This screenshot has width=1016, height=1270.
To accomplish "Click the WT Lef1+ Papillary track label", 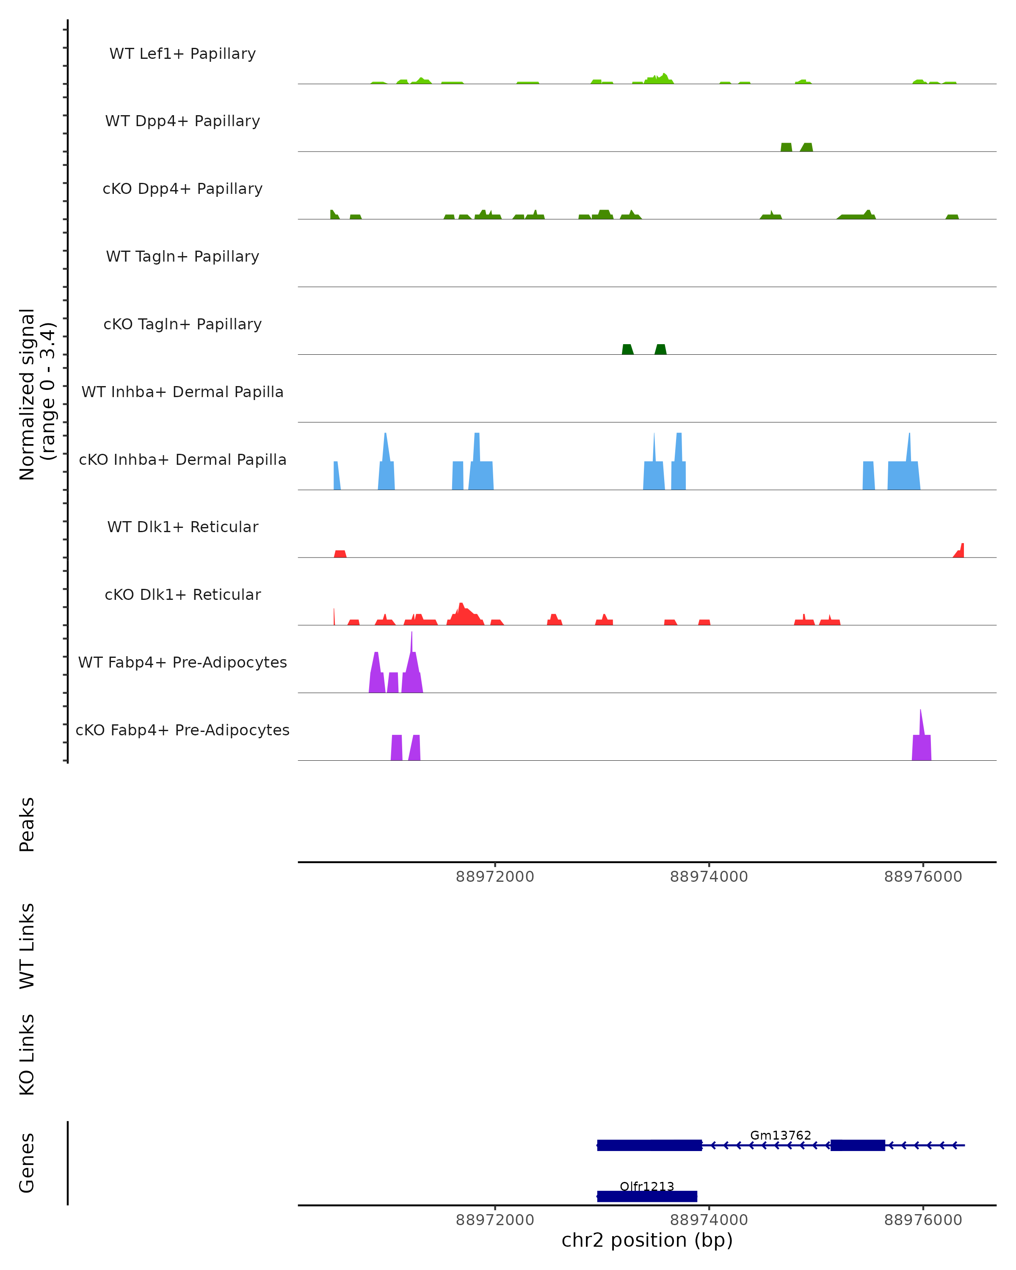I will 182,54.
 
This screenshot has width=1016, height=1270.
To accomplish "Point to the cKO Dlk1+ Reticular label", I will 182,594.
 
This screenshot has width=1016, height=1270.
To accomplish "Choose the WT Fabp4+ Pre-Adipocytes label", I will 182,662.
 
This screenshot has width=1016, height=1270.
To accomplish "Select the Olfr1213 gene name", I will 647,1186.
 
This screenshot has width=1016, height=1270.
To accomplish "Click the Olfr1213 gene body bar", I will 647,1196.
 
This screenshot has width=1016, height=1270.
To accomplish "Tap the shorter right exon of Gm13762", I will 858,1145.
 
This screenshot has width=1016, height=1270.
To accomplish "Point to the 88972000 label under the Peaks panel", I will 495,877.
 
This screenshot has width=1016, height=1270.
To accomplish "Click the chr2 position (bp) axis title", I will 647,1240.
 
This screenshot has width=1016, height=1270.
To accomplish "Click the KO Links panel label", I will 27,1055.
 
